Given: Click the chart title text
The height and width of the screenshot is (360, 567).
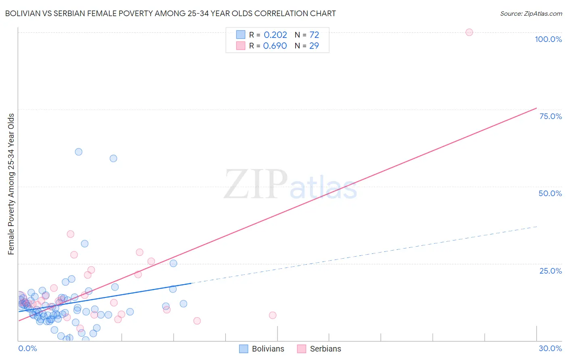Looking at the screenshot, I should click(170, 14).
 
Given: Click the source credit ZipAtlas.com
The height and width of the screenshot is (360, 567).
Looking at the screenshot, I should click(531, 14).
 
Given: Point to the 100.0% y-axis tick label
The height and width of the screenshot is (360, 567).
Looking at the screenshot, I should click(548, 39).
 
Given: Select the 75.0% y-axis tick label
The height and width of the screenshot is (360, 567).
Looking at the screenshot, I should click(550, 116).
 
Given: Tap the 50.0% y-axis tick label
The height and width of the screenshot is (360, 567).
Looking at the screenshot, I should click(550, 193).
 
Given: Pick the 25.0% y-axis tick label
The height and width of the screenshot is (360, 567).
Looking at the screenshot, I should click(550, 271).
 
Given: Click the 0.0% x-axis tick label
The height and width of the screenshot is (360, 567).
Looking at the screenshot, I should click(27, 348).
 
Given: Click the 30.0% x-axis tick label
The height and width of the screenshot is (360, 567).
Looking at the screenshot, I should click(550, 348).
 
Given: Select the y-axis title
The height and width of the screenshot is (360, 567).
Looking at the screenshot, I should click(11, 184).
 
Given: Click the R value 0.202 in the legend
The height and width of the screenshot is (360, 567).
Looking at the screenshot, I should click(275, 35).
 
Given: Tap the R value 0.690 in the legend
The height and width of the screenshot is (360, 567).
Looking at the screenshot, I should click(275, 46).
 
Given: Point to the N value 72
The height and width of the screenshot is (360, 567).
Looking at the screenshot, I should click(314, 35).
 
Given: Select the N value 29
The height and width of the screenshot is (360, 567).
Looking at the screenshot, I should click(314, 46).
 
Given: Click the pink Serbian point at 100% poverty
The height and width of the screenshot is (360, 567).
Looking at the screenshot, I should click(469, 32).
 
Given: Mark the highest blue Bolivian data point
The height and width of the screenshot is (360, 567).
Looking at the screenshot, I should click(79, 152).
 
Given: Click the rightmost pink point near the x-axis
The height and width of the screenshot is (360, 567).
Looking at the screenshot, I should click(273, 315).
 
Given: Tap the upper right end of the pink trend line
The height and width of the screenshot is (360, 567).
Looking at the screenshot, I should click(536, 108).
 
